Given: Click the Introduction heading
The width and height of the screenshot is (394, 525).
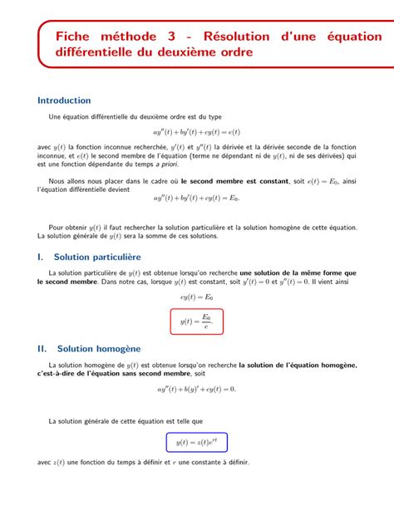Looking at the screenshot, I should pos(64,101).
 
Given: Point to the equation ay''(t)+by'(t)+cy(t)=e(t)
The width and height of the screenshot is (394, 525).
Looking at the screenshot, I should pos(196,131).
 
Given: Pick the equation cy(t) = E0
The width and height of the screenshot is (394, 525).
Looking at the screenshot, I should pos(196,296).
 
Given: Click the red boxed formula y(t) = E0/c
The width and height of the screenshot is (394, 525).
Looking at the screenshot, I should pos(196,320).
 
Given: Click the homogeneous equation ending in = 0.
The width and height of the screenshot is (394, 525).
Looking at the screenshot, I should pos(196,389).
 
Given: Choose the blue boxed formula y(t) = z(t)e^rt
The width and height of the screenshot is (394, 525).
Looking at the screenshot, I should pos(196,442).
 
